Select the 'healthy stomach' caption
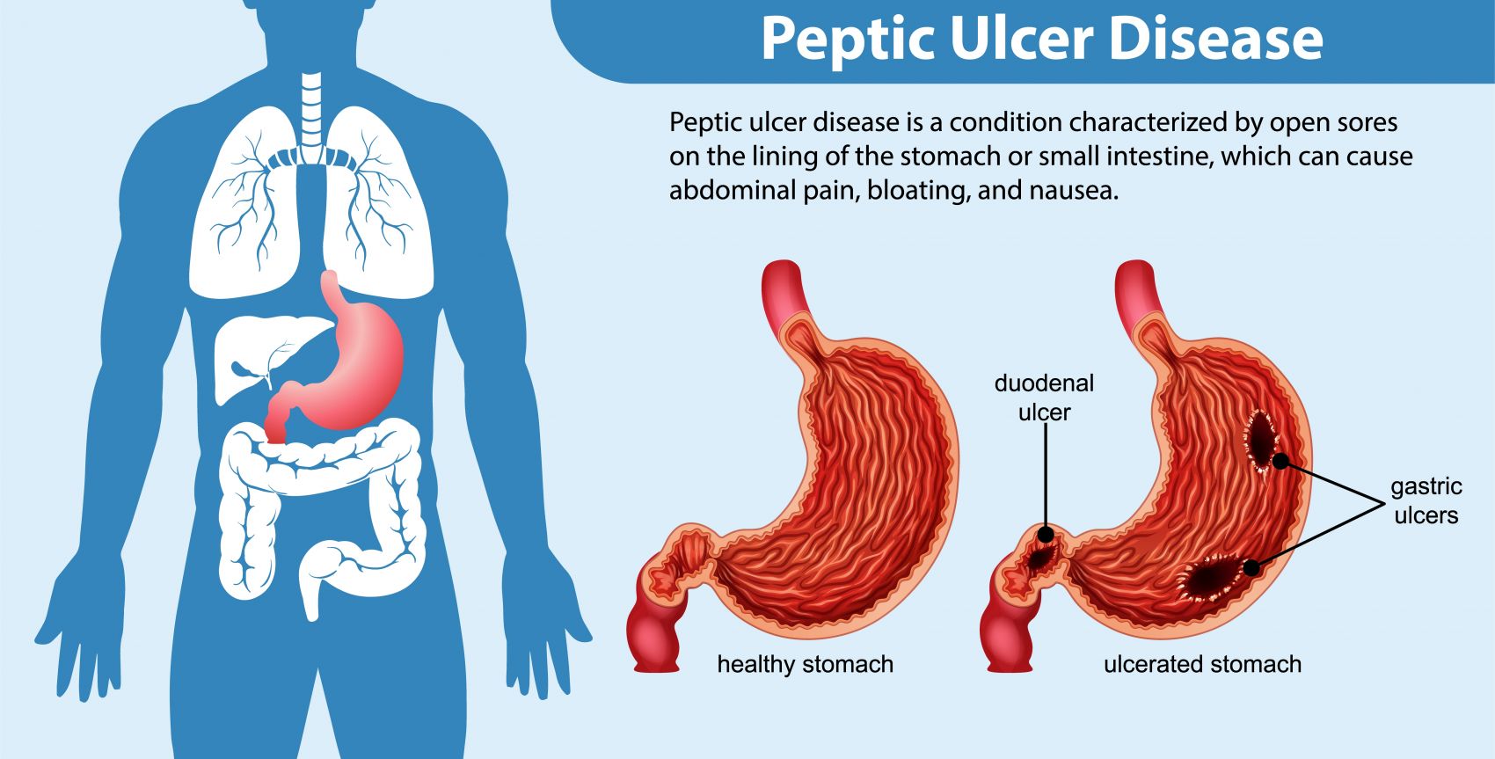click(805, 664)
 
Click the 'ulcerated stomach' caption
click(1202, 664)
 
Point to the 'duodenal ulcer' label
click(1044, 398)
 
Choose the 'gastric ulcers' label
click(1426, 500)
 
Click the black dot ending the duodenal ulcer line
click(1046, 534)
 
